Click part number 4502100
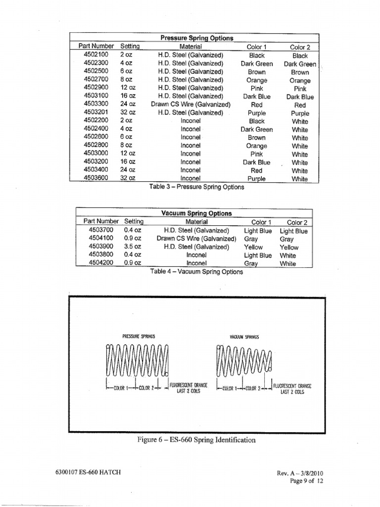[x=96, y=55]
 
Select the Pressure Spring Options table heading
[x=197, y=38]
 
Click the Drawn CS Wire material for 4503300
[x=190, y=104]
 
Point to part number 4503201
[x=96, y=112]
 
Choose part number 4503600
[x=96, y=178]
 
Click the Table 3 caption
[x=196, y=187]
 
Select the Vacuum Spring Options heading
[x=196, y=213]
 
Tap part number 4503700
[x=101, y=230]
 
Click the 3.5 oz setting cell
[x=132, y=247]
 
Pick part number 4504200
[x=101, y=263]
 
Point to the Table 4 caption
[x=196, y=272]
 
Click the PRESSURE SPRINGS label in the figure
[x=139, y=336]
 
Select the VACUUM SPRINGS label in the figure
[x=244, y=337]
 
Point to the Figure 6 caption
[x=196, y=440]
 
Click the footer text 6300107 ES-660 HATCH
[x=85, y=472]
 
